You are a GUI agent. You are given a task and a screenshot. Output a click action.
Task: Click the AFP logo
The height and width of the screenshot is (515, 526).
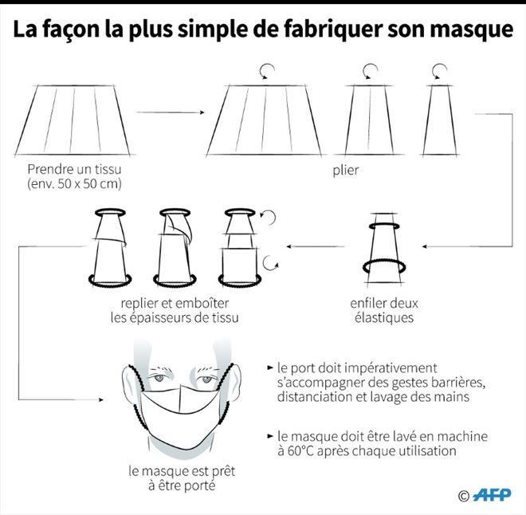[x=492, y=495]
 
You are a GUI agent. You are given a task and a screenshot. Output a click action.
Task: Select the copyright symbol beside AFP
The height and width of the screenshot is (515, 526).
[x=463, y=496]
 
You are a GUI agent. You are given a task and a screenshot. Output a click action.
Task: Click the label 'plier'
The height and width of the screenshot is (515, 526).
[x=346, y=171]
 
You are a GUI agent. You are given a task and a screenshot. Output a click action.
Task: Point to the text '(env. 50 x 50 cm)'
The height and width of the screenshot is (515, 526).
[x=74, y=184]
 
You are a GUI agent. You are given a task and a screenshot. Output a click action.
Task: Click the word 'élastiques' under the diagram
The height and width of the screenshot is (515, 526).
[x=384, y=317]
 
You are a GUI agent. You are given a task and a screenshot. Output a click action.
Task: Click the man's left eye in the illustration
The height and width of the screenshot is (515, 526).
[x=206, y=379]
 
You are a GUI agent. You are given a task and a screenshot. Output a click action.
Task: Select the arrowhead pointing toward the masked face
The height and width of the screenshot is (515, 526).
[x=101, y=399]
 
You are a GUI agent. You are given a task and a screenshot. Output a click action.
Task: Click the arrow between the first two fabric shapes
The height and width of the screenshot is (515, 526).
[x=171, y=112]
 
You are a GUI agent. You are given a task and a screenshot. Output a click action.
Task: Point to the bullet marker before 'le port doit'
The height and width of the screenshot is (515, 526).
[x=270, y=368]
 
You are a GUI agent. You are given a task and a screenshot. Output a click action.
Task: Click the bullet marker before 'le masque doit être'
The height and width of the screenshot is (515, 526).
[x=270, y=436]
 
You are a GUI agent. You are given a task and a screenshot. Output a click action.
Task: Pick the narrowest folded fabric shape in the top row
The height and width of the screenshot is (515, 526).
[x=440, y=120]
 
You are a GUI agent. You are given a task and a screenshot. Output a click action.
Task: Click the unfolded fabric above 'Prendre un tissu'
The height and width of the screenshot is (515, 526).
[x=73, y=120]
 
